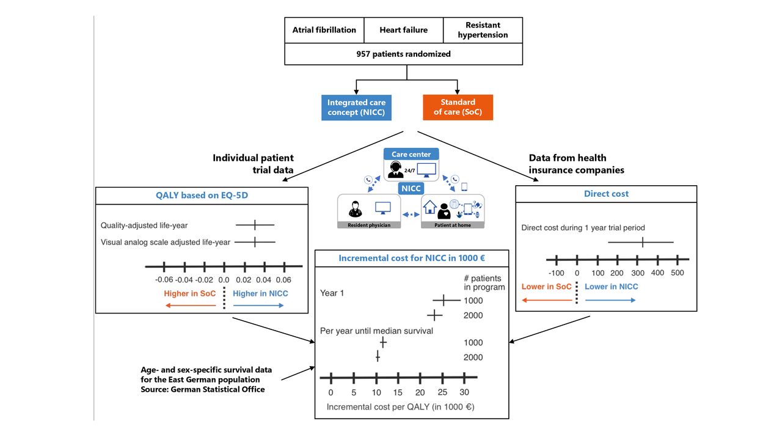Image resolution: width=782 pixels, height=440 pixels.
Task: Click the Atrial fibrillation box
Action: click(324, 31)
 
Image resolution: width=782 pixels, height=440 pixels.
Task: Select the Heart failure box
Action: click(404, 31)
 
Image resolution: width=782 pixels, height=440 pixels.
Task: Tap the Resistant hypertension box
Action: click(483, 31)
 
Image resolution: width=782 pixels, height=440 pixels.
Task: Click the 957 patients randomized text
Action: click(404, 54)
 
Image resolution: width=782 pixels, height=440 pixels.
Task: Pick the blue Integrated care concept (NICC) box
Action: click(356, 108)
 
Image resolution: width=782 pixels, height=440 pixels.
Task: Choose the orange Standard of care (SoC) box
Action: click(458, 107)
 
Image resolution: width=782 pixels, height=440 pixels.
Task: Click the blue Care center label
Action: click(411, 154)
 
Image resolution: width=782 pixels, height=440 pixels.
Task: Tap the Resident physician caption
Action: click(369, 226)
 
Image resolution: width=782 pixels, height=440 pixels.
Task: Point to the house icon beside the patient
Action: click(429, 207)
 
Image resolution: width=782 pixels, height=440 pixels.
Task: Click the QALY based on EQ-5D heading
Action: click(202, 195)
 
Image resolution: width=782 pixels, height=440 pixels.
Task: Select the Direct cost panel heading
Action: click(606, 194)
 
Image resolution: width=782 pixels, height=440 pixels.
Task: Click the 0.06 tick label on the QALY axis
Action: click(283, 280)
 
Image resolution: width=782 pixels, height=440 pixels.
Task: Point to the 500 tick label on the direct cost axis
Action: click(678, 273)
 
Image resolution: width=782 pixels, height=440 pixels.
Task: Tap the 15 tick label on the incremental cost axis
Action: click(398, 392)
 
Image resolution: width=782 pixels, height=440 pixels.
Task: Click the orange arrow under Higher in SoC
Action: click(191, 306)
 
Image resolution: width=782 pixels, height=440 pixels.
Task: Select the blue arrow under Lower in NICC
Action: click(610, 300)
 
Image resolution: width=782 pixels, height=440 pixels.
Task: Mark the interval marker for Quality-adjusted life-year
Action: click(255, 225)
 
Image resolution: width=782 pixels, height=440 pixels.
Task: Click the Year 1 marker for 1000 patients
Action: click(447, 300)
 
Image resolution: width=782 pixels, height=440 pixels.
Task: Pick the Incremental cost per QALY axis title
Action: click(400, 407)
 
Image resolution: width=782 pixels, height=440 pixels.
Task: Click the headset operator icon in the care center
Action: click(395, 170)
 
